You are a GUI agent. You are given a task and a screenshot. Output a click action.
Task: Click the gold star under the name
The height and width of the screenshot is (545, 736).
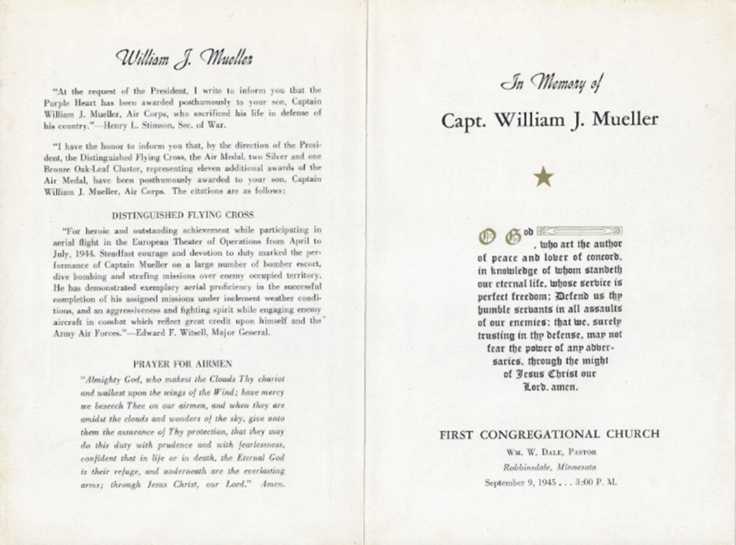click(x=543, y=176)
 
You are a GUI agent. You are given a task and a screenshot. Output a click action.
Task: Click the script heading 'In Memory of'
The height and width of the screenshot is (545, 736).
click(x=550, y=85)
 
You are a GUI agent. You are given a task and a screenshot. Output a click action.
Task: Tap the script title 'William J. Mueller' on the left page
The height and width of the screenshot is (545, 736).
click(x=184, y=59)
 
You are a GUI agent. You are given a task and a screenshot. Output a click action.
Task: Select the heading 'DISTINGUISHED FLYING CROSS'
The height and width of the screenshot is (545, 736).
click(x=183, y=215)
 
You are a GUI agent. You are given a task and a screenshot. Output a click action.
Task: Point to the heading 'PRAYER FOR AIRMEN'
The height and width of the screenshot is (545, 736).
click(x=183, y=365)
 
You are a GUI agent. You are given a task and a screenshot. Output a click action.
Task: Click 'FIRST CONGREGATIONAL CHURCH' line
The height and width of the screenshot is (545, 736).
click(x=549, y=434)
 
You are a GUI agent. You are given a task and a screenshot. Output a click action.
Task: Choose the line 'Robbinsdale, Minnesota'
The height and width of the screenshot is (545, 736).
click(x=550, y=467)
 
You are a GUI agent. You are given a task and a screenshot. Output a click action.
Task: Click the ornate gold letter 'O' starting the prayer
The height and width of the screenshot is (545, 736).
click(x=487, y=235)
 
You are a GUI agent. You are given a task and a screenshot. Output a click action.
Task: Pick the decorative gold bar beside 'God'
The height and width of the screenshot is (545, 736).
click(x=579, y=231)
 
